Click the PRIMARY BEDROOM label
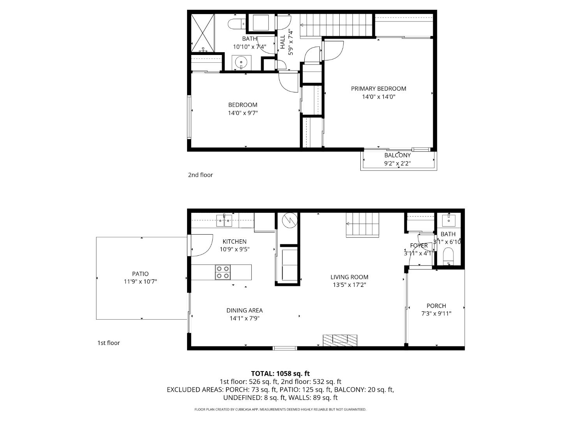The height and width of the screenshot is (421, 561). [378, 88]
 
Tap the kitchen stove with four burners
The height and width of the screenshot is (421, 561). [223, 272]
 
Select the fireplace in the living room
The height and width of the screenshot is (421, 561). [340, 340]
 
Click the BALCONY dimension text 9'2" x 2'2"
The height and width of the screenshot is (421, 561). [397, 163]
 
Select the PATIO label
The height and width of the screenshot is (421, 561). [140, 274]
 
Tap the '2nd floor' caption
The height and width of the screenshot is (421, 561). [200, 175]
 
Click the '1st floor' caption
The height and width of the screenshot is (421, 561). [108, 343]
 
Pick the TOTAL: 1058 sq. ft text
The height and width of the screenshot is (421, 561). [280, 373]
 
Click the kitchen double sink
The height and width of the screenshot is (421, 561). [224, 221]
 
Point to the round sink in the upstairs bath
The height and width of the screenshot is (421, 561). [242, 62]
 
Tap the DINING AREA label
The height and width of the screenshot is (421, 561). [244, 310]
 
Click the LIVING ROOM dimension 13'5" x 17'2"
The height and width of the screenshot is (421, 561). [349, 285]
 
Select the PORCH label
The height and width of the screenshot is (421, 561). [436, 306]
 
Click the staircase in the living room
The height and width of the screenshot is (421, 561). [362, 225]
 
